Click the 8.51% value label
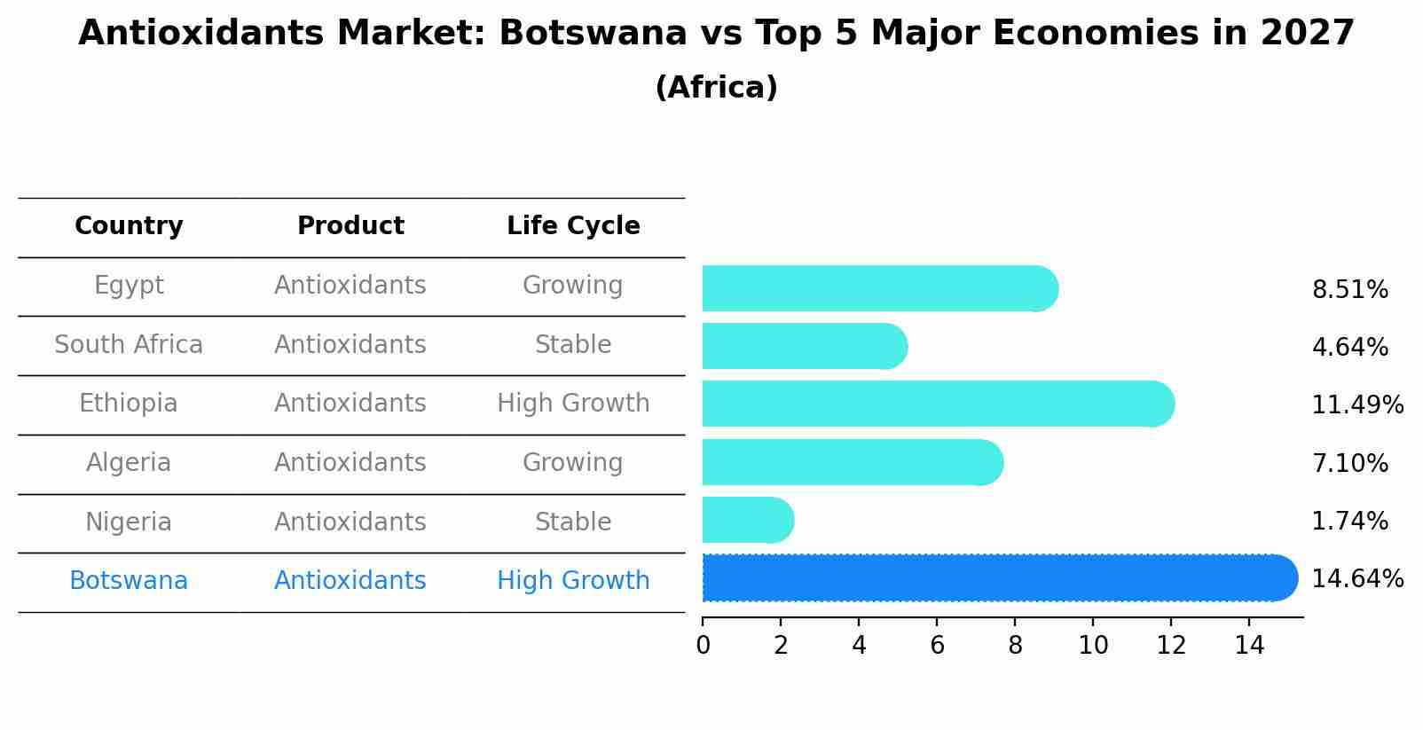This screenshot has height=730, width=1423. (x=1349, y=290)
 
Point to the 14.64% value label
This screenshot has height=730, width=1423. (x=1356, y=579)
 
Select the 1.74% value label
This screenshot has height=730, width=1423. (x=1349, y=522)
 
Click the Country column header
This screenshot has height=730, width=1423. (x=129, y=226)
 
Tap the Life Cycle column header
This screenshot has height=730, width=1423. (x=573, y=226)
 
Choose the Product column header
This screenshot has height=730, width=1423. (x=350, y=226)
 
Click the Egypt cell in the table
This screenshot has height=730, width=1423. (x=129, y=286)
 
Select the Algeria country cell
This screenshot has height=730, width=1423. (x=129, y=463)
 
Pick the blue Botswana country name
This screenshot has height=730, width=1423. (x=129, y=581)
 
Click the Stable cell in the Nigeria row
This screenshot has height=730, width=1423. (x=573, y=522)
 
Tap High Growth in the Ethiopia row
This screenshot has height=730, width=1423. (x=573, y=404)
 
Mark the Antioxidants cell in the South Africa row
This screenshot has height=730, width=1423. (x=350, y=345)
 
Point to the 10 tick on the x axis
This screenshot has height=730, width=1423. (x=1093, y=646)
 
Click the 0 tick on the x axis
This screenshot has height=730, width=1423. (x=703, y=646)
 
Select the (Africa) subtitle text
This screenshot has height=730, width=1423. (x=716, y=88)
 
